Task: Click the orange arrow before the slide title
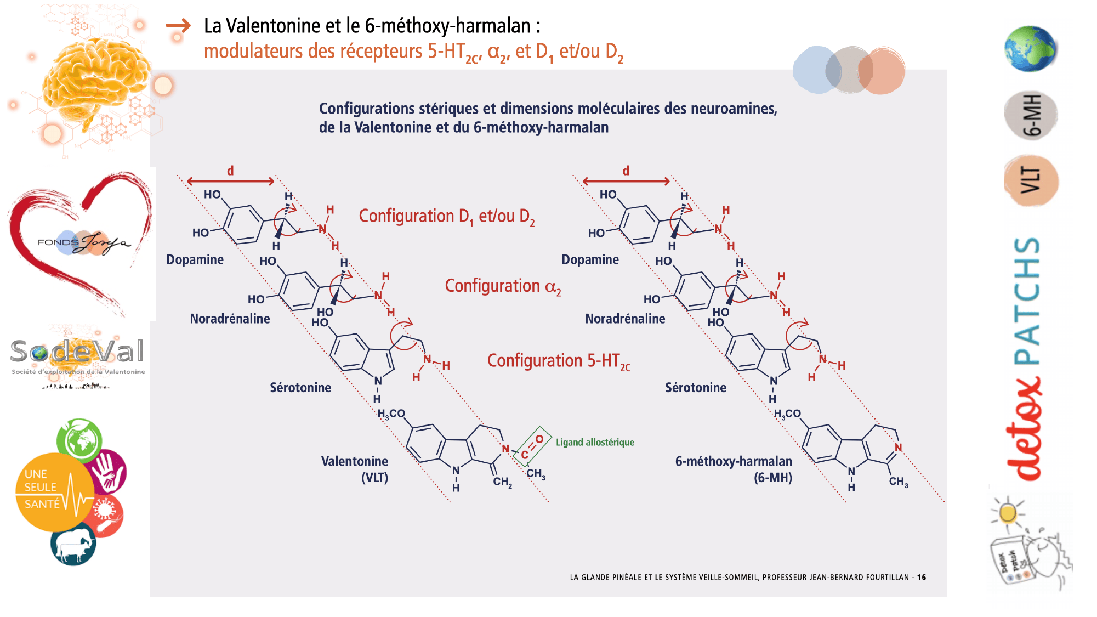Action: (178, 26)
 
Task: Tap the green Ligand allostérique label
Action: (595, 443)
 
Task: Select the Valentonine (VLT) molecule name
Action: (355, 469)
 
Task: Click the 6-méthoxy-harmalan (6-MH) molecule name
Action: (734, 469)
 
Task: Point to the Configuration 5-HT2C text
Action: (559, 361)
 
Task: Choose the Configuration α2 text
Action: (503, 286)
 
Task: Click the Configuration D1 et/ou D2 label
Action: (447, 217)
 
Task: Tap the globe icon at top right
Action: (1031, 48)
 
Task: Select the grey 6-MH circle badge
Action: (1031, 115)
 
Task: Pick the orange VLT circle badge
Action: (1031, 180)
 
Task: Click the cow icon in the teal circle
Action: (73, 544)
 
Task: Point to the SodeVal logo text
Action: (77, 352)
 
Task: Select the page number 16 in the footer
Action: (922, 578)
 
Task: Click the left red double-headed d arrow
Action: (231, 181)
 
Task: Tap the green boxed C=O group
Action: (532, 446)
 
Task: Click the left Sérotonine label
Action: (300, 388)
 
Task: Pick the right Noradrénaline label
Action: (625, 319)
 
